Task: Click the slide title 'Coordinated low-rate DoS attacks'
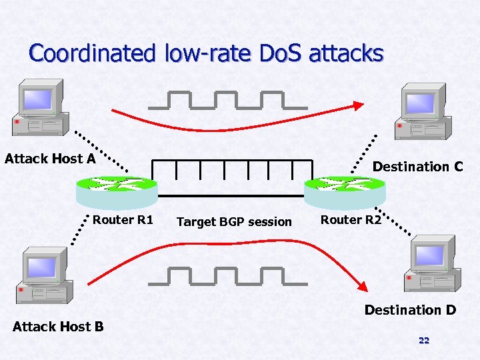(206, 53)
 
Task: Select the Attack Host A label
(50, 159)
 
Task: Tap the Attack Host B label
(58, 326)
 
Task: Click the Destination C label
(417, 167)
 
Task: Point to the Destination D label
(410, 310)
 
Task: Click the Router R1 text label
(123, 220)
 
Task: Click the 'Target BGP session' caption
(234, 221)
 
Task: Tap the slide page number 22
(423, 341)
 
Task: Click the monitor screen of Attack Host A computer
(38, 99)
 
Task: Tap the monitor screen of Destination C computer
(421, 103)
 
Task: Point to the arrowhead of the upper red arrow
(359, 105)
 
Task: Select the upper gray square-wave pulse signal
(227, 100)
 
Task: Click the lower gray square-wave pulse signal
(227, 276)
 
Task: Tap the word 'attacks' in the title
(346, 53)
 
